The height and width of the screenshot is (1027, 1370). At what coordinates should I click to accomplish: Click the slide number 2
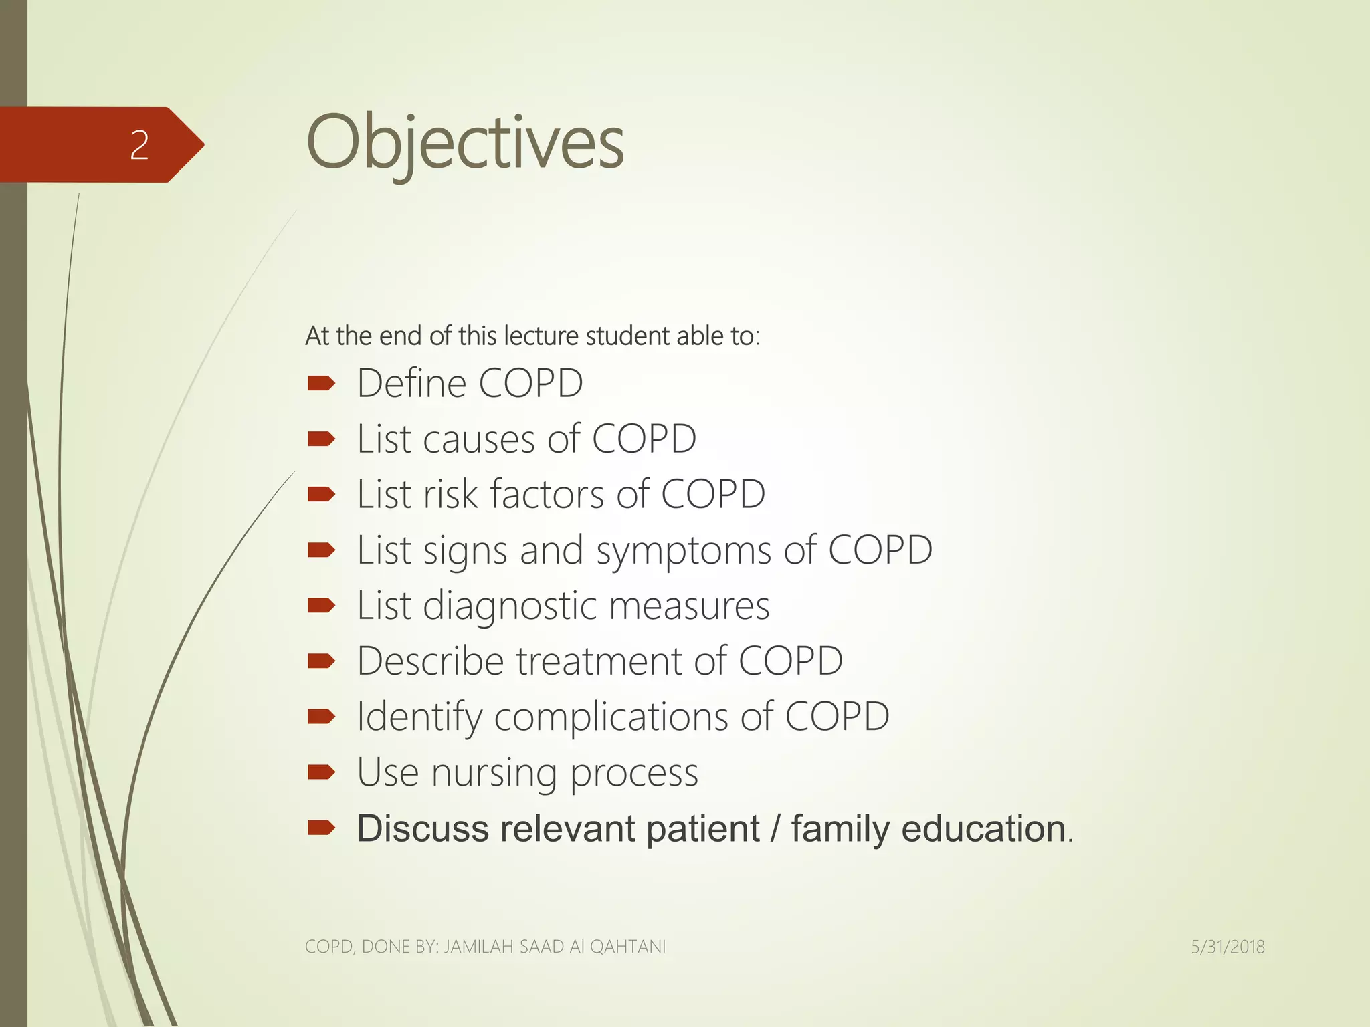click(139, 145)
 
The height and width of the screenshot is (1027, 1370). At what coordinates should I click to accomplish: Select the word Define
click(411, 384)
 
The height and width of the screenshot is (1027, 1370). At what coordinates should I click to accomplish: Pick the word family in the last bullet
click(840, 829)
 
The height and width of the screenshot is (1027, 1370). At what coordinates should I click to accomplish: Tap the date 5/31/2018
click(1228, 947)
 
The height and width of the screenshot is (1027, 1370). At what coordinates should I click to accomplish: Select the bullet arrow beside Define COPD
click(321, 383)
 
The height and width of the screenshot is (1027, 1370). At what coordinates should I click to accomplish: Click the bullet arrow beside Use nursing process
click(321, 772)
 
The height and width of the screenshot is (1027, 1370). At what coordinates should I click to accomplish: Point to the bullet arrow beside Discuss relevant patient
click(321, 828)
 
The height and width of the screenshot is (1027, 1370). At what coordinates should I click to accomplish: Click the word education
click(983, 829)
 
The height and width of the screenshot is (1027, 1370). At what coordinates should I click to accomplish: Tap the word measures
click(690, 606)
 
